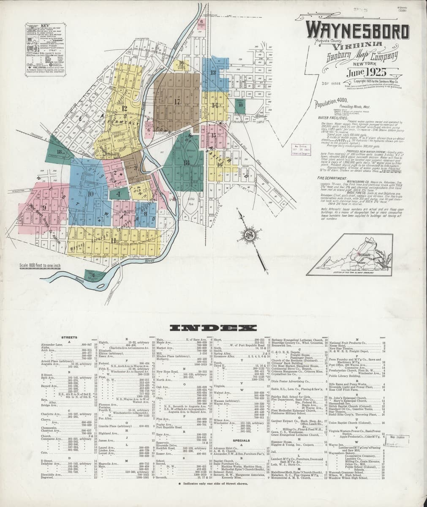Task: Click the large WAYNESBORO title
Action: point(357,31)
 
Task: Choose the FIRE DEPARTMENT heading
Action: point(329,179)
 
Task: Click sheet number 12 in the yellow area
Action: point(124,108)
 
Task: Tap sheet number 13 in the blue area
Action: point(213,73)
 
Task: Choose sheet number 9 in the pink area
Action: point(44,207)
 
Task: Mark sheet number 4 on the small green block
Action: point(119,194)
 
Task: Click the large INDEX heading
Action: point(213,328)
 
